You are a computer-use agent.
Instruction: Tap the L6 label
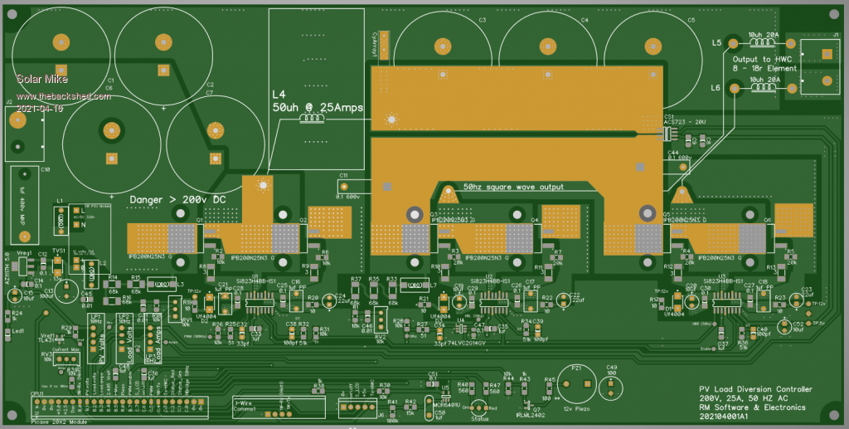[716, 87]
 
